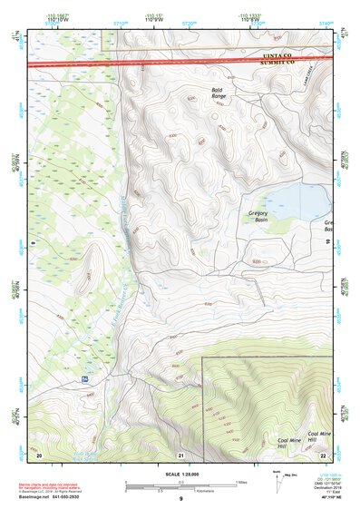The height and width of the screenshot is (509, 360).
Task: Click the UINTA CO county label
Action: [x=278, y=54]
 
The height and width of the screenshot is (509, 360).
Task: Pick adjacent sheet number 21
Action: [x=180, y=454]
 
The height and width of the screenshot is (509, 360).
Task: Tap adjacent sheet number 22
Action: [x=323, y=454]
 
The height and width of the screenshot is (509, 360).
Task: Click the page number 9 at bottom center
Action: [x=180, y=499]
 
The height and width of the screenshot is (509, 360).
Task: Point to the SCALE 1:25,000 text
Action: [x=180, y=475]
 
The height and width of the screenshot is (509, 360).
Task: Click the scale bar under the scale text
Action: [x=180, y=485]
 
